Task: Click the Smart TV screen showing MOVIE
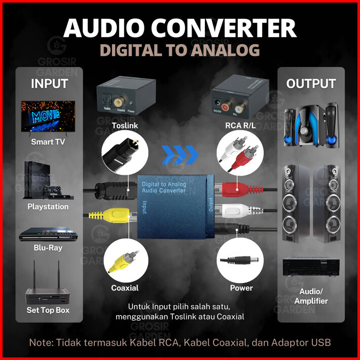tap(48, 116)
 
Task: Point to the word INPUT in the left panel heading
tap(49, 84)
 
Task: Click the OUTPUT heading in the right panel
tap(311, 84)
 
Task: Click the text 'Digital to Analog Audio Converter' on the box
tap(164, 187)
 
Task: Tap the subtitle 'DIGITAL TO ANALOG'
tap(179, 50)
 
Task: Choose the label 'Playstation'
tap(48, 207)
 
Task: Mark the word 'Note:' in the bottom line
tap(42, 343)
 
